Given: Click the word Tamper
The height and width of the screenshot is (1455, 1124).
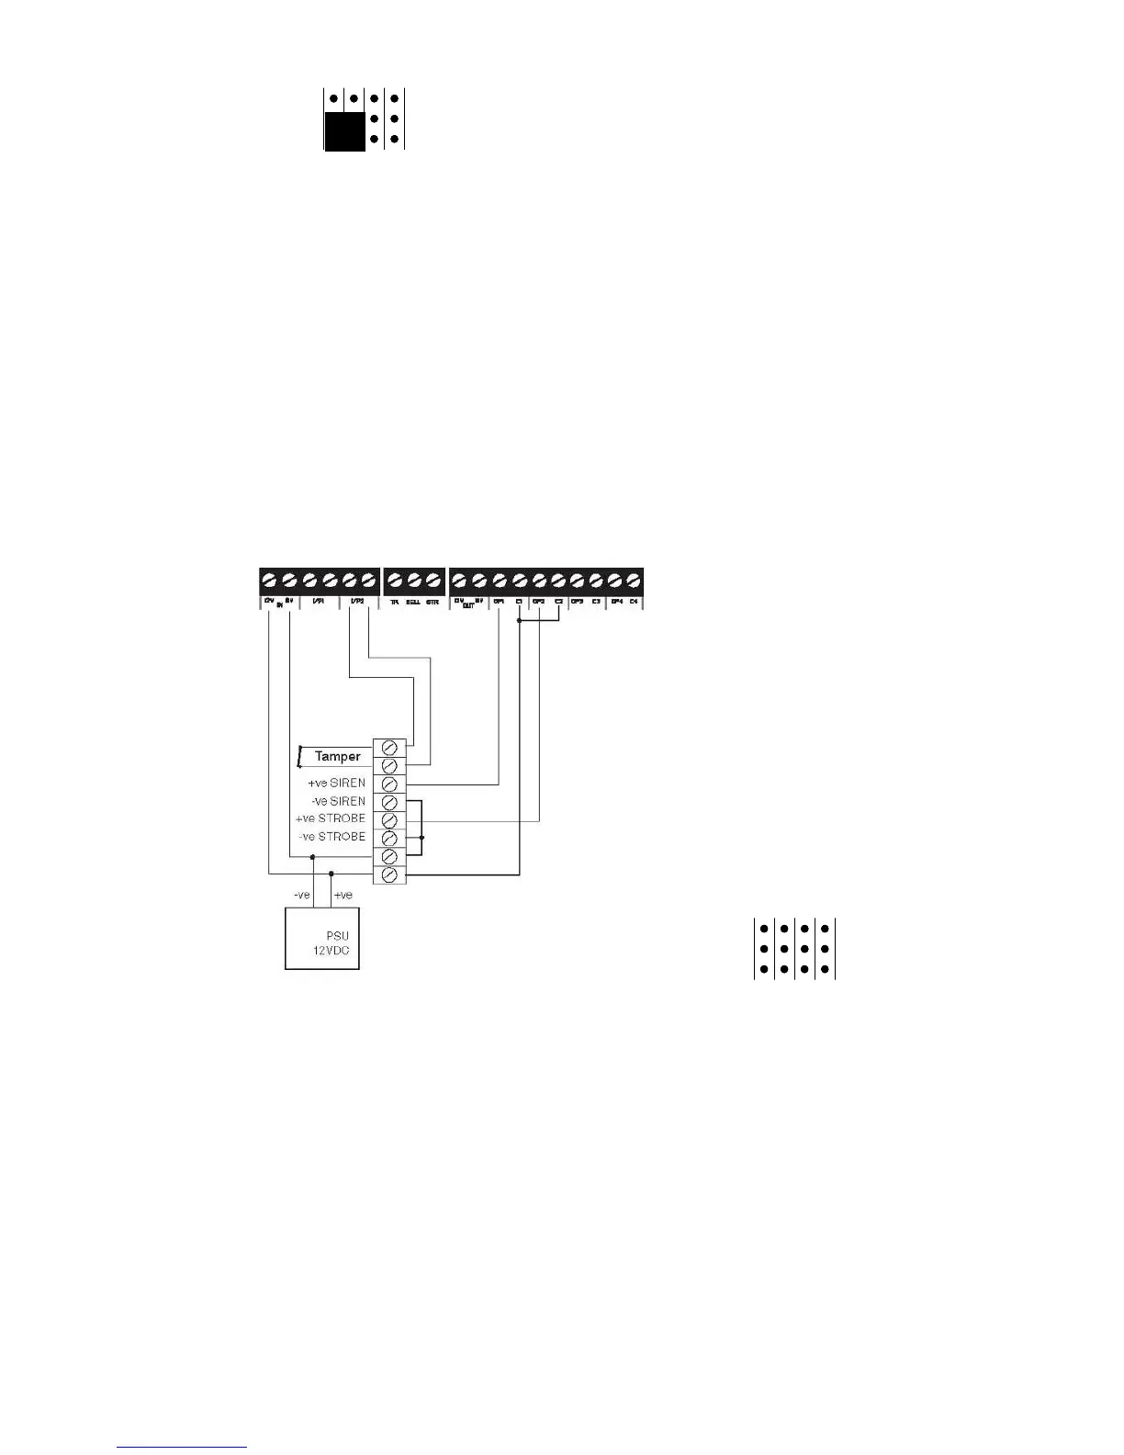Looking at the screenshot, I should (x=337, y=757).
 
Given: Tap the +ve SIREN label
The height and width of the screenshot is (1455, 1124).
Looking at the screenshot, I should (x=336, y=784).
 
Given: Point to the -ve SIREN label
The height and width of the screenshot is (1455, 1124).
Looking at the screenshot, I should (x=338, y=801).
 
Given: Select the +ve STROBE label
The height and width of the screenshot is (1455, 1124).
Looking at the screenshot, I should (x=330, y=818).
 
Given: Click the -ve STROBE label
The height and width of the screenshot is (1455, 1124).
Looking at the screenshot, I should (x=332, y=837).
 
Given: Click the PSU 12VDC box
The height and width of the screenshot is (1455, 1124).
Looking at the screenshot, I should (x=321, y=938).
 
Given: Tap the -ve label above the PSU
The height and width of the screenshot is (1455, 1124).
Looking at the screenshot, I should (x=301, y=895).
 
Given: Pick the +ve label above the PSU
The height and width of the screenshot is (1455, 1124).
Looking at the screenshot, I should (x=343, y=895).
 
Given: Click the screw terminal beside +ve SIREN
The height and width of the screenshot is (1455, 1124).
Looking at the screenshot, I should (x=389, y=784).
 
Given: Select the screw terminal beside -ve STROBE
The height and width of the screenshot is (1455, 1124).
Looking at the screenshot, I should (x=389, y=838).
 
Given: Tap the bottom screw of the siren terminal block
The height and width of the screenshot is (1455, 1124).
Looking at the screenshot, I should (x=389, y=874).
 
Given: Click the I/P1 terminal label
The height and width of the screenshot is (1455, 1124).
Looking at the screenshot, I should (x=319, y=602).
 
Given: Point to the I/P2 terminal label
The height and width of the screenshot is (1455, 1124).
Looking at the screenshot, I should (x=358, y=602).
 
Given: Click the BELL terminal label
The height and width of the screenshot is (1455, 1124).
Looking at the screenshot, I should (x=413, y=602).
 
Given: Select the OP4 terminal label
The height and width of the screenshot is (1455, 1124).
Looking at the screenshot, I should (x=617, y=602).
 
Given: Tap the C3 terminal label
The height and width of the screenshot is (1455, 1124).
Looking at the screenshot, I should (x=596, y=602).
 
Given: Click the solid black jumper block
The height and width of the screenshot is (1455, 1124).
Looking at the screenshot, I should (x=344, y=130).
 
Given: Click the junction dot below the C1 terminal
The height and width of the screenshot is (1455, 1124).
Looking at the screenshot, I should (x=520, y=621).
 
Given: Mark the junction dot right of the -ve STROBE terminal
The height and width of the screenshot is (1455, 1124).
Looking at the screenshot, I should (x=421, y=838).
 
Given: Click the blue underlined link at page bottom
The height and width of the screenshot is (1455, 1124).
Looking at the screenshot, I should (x=182, y=1448).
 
